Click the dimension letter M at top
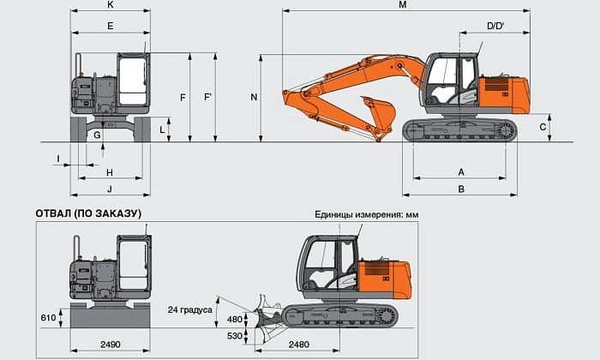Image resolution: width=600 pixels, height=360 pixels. coord(403,5)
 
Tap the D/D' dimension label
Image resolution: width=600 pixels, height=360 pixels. coord(495,27)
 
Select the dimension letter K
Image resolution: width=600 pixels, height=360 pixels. coord(111,5)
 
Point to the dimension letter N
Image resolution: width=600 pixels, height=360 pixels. coord(254,98)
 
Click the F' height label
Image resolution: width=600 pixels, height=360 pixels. coord(207,98)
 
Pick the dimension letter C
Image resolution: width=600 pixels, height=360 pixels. coord(543,127)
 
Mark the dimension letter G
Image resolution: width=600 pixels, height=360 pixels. coord(98,135)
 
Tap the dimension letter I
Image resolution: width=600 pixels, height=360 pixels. coord(58,159)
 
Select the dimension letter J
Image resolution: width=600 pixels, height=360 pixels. coord(110,189)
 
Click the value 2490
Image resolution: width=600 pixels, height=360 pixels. coord(110,344)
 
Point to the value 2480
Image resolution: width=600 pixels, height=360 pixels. coord(299,344)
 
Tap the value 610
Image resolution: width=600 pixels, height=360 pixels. coord(48,318)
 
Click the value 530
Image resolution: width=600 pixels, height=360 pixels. coord(235,335)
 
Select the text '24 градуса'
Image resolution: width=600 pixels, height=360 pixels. coord(190,309)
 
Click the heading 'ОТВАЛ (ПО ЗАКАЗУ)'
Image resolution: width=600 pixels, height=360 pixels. coord(88,213)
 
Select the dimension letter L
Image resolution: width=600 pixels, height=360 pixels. coord(162,129)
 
